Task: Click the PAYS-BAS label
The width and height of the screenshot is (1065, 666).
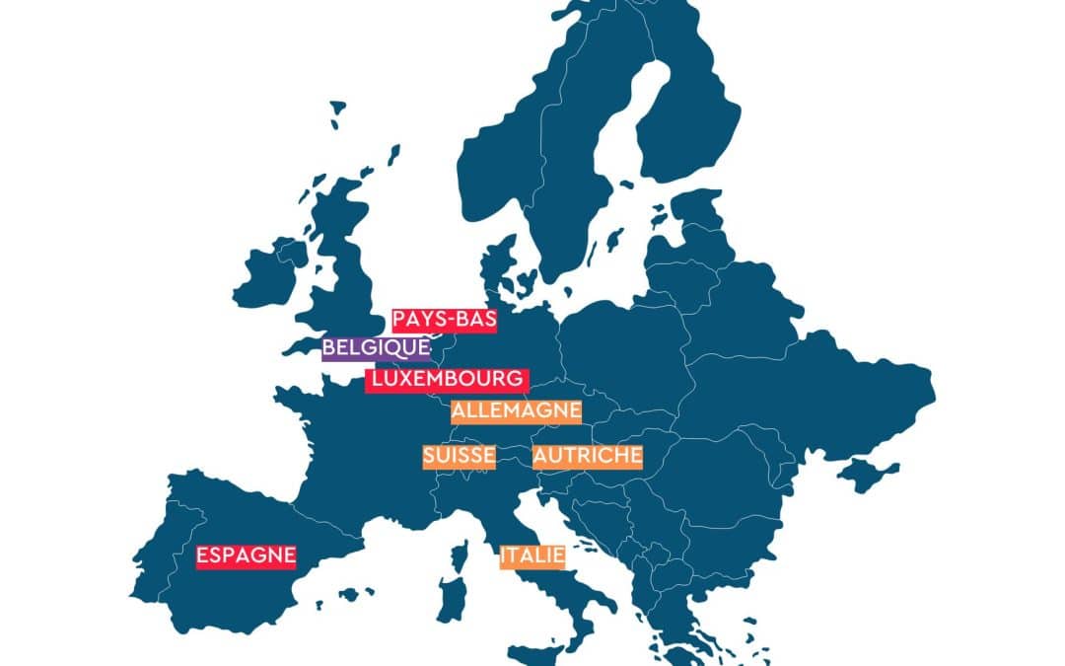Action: pos(444,321)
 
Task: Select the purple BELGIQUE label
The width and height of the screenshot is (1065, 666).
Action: pos(377,348)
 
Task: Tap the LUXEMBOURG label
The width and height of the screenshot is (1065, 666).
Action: pos(447,380)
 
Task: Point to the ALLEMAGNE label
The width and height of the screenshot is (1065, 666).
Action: pos(516,411)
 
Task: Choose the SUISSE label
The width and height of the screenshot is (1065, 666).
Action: pos(459,457)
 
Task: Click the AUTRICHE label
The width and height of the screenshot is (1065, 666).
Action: pos(587,457)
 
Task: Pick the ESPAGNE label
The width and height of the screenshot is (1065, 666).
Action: pos(246,556)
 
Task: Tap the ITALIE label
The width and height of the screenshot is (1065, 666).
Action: pos(532,556)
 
